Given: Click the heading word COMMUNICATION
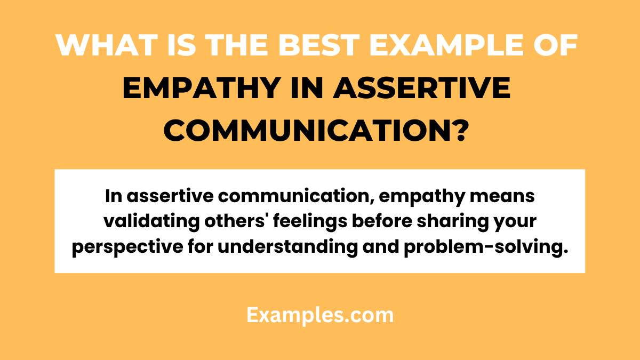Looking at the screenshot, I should [308, 131].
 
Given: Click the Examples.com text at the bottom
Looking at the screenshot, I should [320, 315].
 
